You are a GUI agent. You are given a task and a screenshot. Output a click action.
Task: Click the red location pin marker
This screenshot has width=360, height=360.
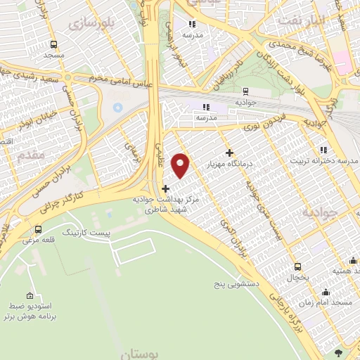tap(181, 165)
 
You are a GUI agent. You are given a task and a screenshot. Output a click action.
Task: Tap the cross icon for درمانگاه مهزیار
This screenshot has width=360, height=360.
tap(229, 153)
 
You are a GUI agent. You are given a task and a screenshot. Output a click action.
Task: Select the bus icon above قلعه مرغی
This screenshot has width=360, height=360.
tap(37, 229)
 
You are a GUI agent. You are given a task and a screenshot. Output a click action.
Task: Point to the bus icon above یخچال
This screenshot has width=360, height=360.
tap(297, 266)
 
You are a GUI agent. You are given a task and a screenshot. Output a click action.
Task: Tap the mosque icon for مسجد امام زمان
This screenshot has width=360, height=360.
tap(326, 292)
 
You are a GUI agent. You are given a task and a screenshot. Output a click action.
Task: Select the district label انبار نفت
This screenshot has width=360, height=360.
tap(300, 19)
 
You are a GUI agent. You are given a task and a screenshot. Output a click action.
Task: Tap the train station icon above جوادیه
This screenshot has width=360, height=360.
tap(245, 91)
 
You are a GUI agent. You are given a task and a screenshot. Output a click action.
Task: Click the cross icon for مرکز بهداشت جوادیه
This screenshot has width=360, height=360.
tap(165, 188)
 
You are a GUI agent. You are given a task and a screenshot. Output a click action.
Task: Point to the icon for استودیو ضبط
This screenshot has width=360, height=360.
tap(29, 296)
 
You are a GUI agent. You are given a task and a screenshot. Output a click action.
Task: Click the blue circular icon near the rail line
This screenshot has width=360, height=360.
tap(117, 108)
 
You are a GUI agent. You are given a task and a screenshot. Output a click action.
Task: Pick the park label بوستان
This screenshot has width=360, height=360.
tap(146, 353)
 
